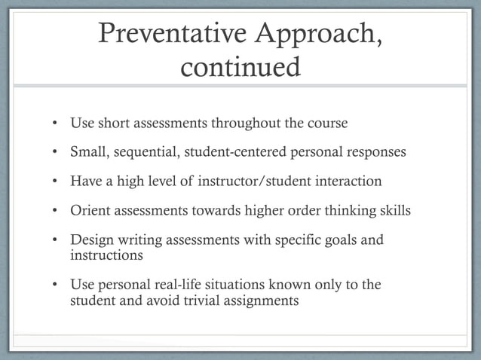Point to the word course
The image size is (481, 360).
click(327, 123)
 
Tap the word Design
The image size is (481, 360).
click(91, 240)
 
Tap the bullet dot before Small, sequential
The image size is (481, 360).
click(55, 152)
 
